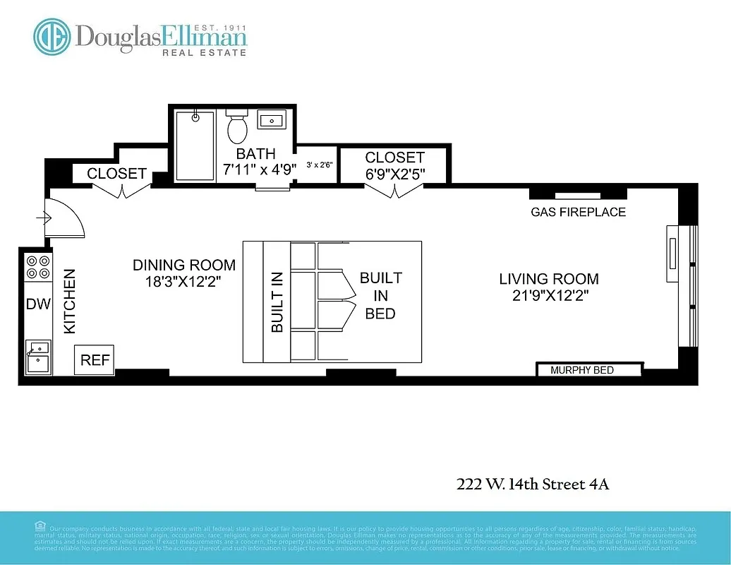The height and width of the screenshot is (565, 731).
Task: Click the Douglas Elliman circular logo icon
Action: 52,37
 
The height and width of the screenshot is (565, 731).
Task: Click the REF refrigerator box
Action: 95,360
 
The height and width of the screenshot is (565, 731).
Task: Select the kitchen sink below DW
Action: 37,356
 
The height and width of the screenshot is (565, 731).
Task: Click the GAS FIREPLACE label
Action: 578,212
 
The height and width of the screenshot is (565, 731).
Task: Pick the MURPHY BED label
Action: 582,370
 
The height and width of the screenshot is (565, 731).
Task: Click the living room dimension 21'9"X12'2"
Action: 548,296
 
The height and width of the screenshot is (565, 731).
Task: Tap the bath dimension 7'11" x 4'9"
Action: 255,169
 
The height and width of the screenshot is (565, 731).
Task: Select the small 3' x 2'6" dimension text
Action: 320,165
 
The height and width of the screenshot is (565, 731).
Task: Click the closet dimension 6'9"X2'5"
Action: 394,173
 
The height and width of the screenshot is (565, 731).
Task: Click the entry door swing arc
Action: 67,218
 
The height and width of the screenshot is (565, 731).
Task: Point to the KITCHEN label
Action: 70,301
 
